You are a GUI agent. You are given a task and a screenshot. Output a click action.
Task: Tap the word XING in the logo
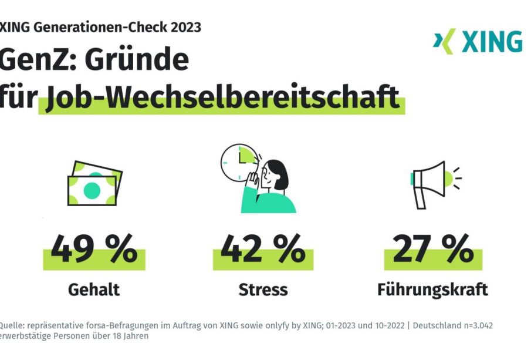491,42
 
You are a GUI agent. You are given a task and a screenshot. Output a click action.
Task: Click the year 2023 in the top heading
184,27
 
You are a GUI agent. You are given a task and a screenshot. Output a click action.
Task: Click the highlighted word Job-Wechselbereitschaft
222,97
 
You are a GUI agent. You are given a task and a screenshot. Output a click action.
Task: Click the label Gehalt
94,290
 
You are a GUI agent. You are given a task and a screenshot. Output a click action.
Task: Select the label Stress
263,290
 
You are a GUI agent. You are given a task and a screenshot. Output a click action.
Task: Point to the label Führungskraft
433,290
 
